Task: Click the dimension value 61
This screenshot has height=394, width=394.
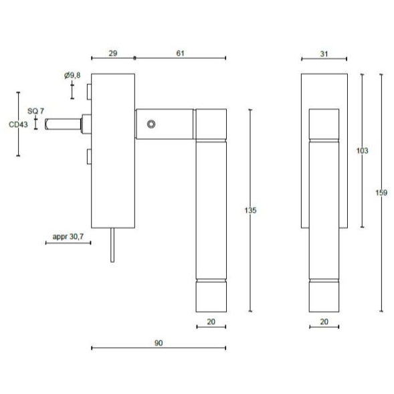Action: coord(180,52)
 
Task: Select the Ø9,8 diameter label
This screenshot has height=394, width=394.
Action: coord(72,76)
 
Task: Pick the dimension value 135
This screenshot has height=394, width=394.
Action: coord(251,210)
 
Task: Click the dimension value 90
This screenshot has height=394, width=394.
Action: coord(159,342)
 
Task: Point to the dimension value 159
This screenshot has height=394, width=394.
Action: coord(381,193)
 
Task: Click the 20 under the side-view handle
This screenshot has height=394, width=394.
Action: coord(211,322)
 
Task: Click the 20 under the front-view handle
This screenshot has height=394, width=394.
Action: coord(324,322)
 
